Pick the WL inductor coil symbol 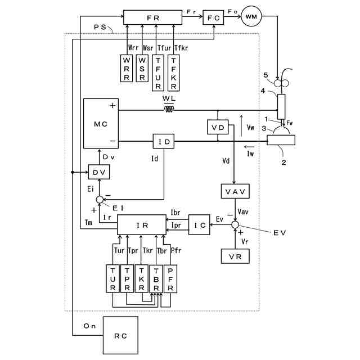(169, 110)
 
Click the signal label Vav (243, 211)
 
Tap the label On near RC (89, 326)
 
